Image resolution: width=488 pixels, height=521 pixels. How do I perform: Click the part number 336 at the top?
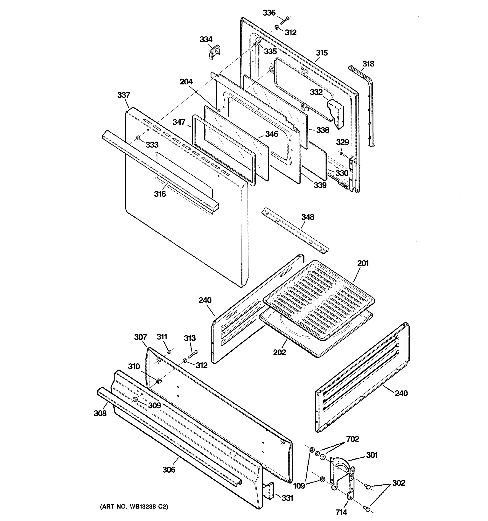pos(269,13)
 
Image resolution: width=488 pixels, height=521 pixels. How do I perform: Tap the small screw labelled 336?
pos(284,20)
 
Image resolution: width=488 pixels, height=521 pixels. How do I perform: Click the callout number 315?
pos(321,53)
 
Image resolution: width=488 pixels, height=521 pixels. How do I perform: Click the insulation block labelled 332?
pos(336,113)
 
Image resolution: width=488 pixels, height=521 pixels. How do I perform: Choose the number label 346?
pos(272,134)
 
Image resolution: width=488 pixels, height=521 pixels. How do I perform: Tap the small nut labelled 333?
pos(138,138)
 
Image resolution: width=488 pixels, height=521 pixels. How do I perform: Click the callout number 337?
pos(124,95)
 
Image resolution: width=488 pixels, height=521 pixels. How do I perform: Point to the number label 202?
pos(279,353)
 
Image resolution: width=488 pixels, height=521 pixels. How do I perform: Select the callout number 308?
pos(100,414)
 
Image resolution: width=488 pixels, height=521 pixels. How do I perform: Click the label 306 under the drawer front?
pos(169,469)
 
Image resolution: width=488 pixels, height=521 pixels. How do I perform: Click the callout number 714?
pos(341,512)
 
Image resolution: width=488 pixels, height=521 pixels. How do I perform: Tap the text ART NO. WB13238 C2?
pos(134,507)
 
